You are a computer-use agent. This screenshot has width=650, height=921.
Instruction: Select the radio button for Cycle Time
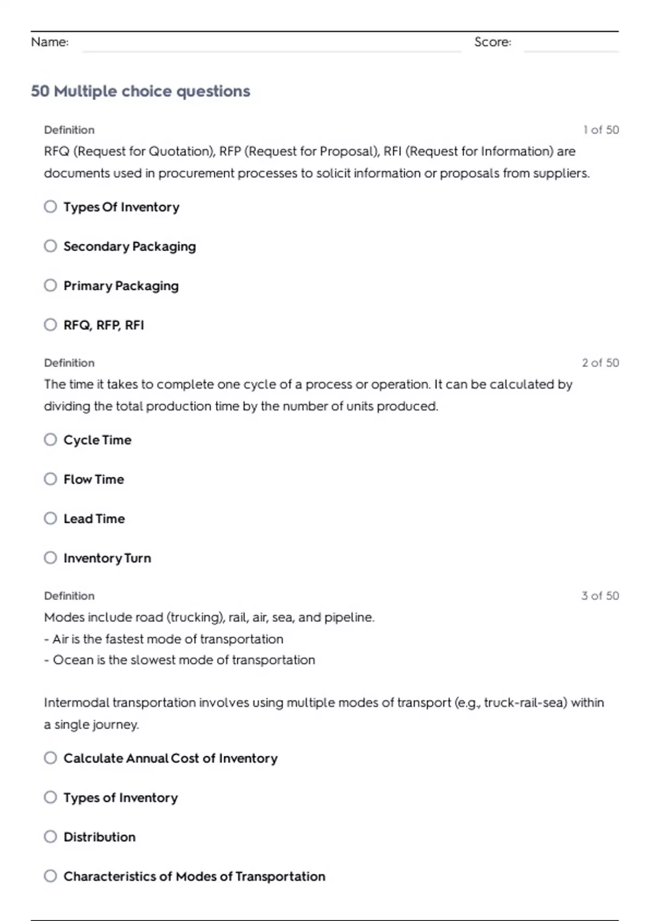(50, 439)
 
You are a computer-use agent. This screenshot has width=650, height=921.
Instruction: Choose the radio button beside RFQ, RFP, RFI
(50, 325)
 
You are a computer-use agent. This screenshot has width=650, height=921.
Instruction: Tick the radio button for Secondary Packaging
(50, 246)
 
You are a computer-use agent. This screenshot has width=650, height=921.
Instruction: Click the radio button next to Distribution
(50, 836)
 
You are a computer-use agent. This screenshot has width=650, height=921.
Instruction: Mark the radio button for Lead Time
(50, 518)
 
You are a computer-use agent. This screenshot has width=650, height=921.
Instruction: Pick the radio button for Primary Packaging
(50, 286)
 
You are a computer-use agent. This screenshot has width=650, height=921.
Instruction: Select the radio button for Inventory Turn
(50, 557)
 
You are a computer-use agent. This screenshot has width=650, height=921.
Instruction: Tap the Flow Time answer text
(94, 479)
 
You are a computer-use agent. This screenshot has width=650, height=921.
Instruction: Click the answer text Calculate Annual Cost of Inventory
(170, 758)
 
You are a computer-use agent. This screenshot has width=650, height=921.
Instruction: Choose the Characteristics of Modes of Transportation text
(194, 877)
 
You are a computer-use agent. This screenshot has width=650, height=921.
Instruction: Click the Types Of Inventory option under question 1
(121, 207)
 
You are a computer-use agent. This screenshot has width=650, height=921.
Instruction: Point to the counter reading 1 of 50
(601, 130)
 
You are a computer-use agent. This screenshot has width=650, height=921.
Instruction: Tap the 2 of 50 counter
(600, 363)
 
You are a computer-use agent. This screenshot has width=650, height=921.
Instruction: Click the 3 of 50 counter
(600, 596)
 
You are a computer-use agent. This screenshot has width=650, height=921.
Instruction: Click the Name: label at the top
(50, 42)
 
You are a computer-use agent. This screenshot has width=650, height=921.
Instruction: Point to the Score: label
(492, 42)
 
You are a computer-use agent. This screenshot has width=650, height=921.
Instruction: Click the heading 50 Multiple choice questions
(140, 91)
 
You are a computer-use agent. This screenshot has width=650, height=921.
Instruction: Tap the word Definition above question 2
(69, 363)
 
